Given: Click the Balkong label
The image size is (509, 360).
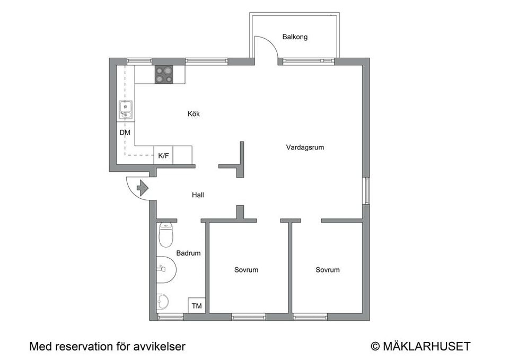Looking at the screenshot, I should coord(295,37).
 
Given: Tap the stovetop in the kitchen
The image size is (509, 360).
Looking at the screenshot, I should coord(164,74).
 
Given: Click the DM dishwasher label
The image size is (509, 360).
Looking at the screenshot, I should coord(125,133).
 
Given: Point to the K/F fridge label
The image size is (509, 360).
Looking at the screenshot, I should coord(163,156).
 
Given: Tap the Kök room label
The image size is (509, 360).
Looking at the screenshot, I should coord(194,114).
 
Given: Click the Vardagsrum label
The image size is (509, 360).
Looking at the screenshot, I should coord(305,147).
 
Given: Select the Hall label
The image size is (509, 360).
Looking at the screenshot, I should coord(198,195).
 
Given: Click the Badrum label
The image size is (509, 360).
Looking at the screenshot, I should coord(189,253).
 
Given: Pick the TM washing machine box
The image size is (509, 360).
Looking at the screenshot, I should coord(197,306).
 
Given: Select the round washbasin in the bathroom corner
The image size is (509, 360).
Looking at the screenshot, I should coord(163,301).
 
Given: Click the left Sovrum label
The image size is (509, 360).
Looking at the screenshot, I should coord(246,270).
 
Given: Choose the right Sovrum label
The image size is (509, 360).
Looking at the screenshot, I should coord(327,270).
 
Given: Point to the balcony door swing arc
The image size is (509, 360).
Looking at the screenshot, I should coord(268,45).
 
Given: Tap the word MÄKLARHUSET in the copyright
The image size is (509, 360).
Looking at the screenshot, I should coord(426,347).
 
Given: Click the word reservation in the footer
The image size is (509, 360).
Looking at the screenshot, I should coord(81,347).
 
